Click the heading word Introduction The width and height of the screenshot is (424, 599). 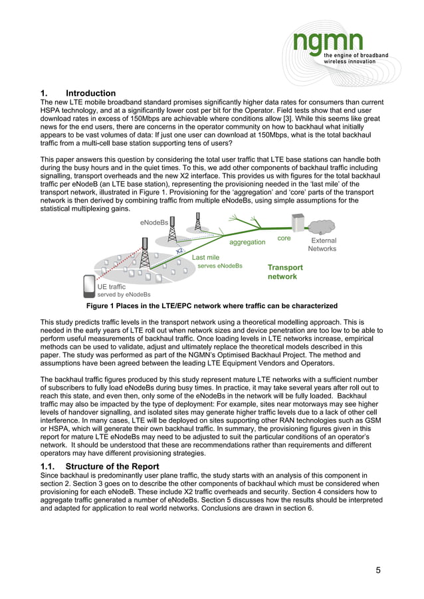click(90, 93)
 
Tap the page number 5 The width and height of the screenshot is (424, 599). click(378, 570)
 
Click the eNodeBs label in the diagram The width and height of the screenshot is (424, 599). click(154, 222)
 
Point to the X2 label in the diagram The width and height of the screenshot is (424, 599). click(179, 250)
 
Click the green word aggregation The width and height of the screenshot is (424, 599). click(247, 242)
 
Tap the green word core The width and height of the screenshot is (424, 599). click(284, 238)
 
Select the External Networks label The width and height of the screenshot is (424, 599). click(323, 244)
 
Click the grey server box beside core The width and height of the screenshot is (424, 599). click(296, 224)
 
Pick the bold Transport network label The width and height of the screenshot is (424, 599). click(285, 272)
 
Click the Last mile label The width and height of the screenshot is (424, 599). click(205, 257)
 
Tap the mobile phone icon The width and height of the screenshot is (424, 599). click(88, 286)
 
